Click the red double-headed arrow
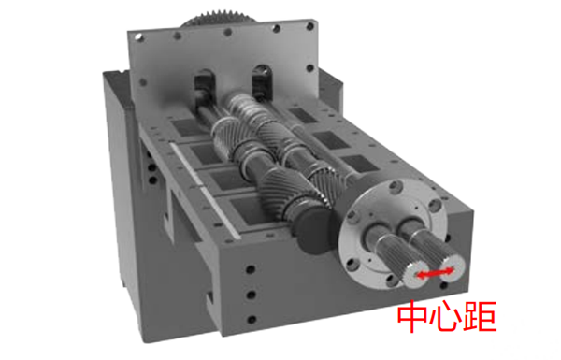coord(436,273)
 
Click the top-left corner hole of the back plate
coord(137,39)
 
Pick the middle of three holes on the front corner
coord(249,295)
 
